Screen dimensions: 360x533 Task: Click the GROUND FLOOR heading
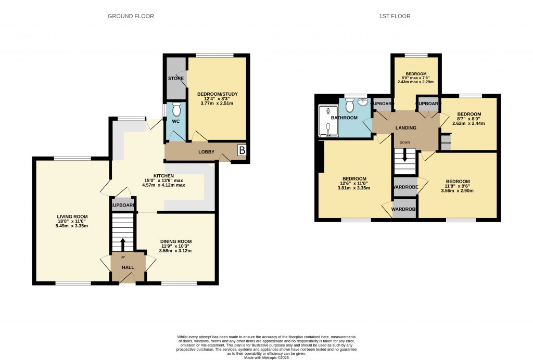(131, 16)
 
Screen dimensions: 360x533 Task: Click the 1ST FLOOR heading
(395, 16)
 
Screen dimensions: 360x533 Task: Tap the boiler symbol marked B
(242, 150)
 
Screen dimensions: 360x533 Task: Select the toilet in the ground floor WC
(176, 110)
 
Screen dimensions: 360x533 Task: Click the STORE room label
(175, 79)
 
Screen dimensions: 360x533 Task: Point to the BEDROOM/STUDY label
(217, 94)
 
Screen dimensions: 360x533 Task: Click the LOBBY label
(207, 152)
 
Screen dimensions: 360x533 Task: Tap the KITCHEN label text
(163, 176)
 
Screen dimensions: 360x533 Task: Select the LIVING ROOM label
(72, 216)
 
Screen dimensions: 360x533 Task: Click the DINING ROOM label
(175, 241)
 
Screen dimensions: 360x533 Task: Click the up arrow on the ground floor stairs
(123, 243)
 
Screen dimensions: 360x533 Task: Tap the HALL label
(128, 267)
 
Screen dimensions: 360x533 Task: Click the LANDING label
(405, 128)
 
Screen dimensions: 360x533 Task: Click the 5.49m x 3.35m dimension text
(72, 226)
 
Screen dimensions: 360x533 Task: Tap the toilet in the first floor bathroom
(349, 105)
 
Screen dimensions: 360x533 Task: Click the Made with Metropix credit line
(266, 357)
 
